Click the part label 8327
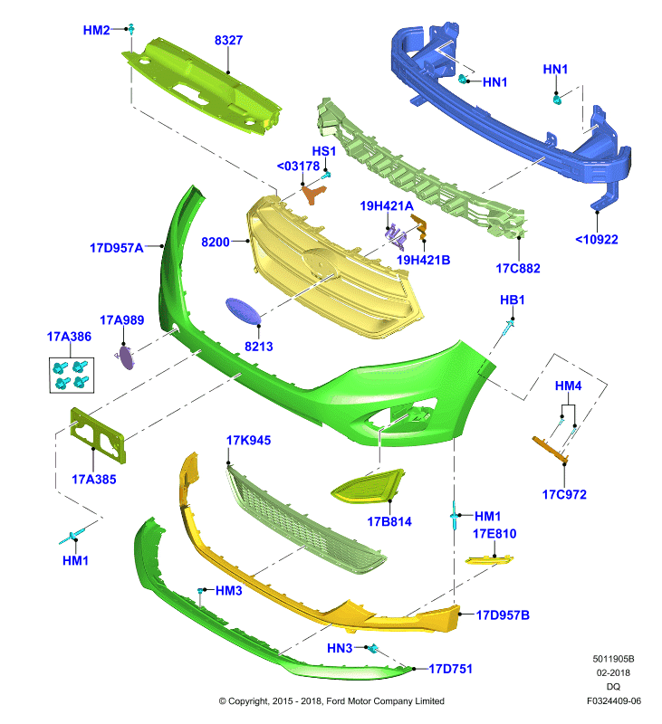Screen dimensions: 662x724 [x=228, y=40]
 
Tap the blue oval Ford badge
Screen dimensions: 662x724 [x=243, y=310]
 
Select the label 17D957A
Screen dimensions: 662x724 [x=117, y=248]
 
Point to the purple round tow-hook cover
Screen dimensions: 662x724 [x=126, y=357]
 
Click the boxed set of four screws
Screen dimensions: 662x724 [x=72, y=375]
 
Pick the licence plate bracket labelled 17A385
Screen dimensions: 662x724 [x=98, y=434]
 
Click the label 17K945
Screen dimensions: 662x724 [x=248, y=441]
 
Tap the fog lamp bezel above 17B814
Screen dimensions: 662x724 [x=368, y=486]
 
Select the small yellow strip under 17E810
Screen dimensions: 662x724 [x=489, y=560]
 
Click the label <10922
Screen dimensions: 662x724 [x=597, y=239]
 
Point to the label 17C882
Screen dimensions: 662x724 [x=518, y=268]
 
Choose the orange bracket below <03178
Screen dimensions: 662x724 [x=314, y=194]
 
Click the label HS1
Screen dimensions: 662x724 [x=324, y=151]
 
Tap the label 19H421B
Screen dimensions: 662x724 [x=423, y=260]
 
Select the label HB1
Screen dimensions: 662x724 [x=513, y=300]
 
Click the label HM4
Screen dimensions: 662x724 [x=568, y=386]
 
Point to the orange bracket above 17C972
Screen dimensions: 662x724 [x=550, y=449]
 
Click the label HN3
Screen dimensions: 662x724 [x=340, y=648]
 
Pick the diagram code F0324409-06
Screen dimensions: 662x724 [x=614, y=700]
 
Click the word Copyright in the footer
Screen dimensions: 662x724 [x=248, y=701]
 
